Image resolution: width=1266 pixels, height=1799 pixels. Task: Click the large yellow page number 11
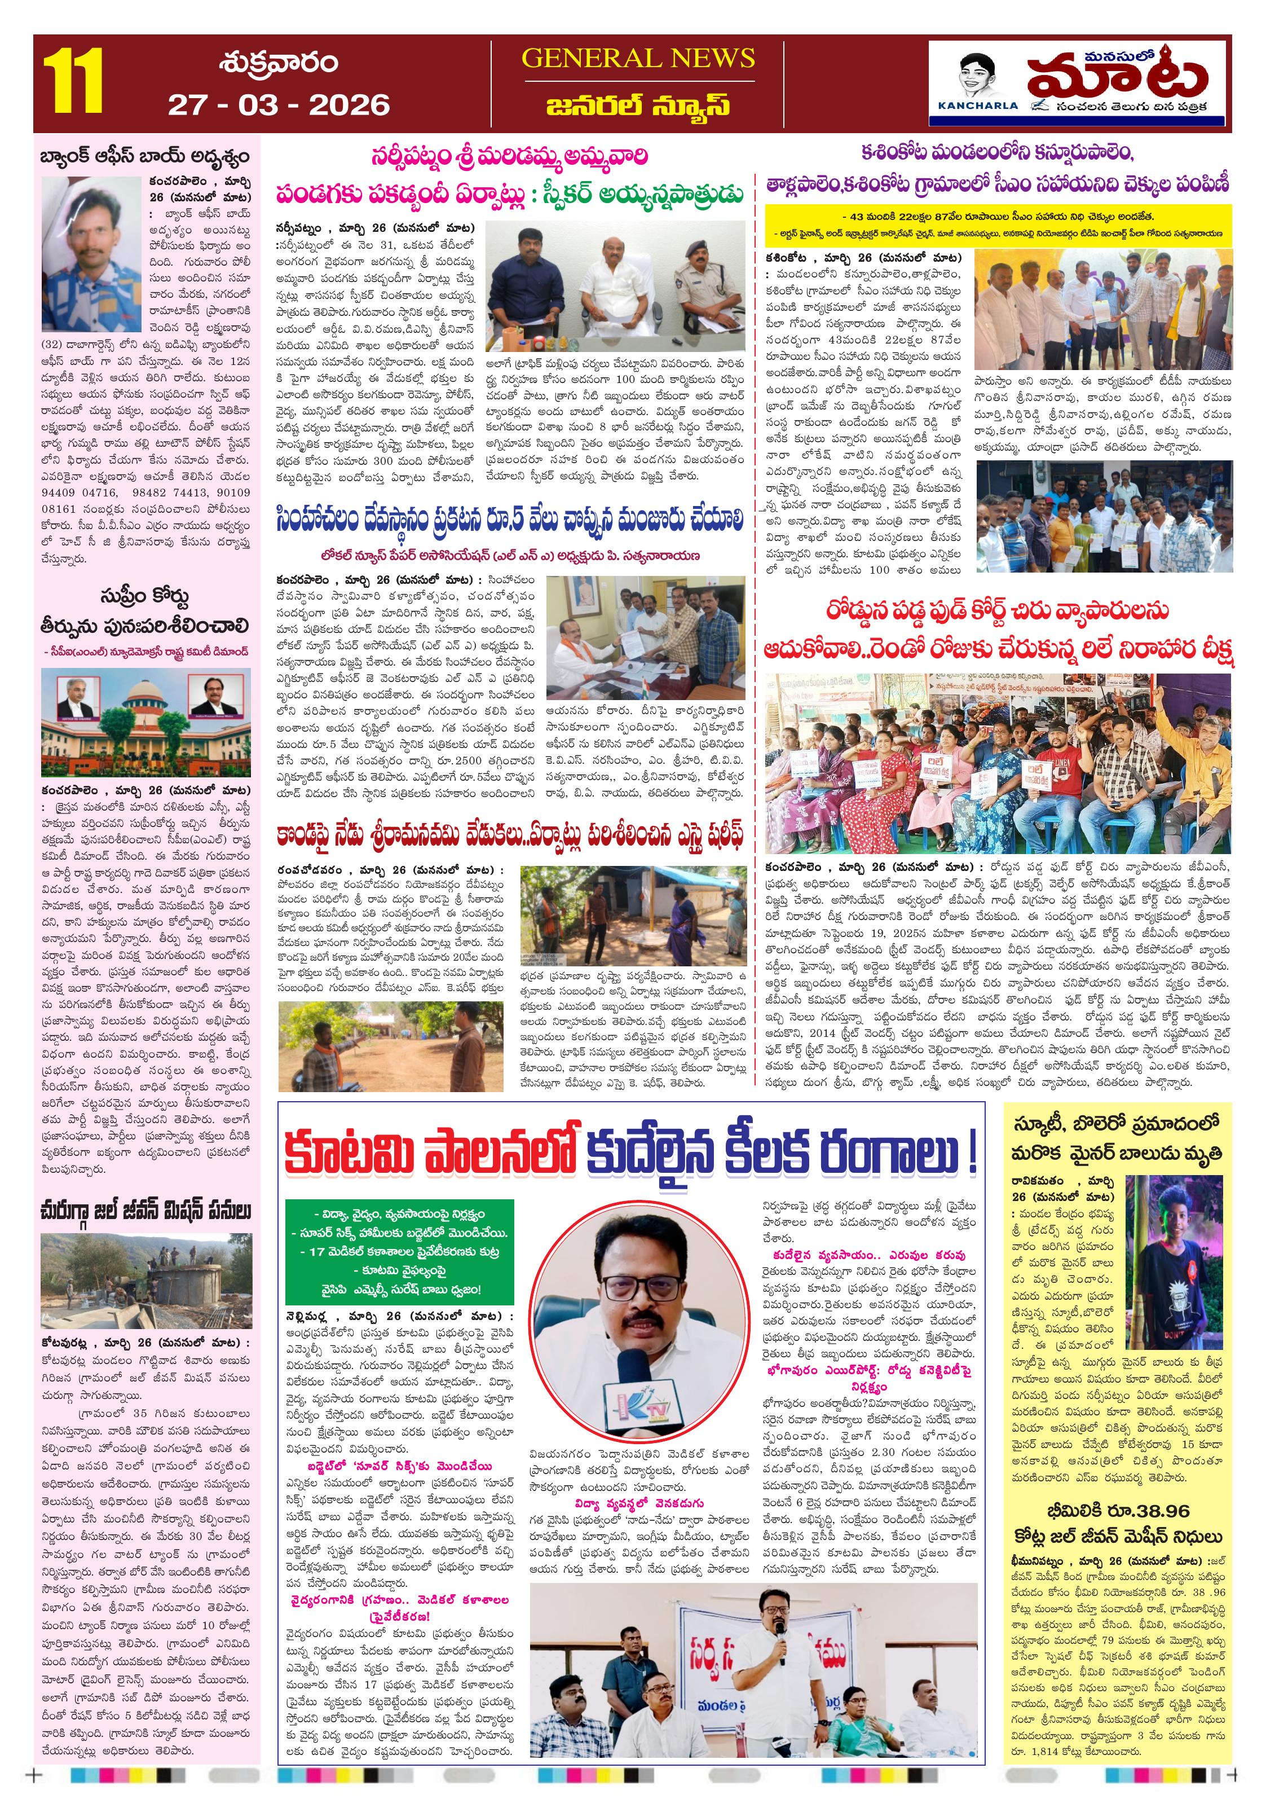[x=74, y=81]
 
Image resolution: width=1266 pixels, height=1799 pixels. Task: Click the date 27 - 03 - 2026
[x=279, y=105]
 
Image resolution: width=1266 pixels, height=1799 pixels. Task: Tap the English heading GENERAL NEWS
[x=638, y=58]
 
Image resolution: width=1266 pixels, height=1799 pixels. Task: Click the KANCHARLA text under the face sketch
[x=978, y=105]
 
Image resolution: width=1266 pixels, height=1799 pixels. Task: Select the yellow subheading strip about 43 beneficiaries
[x=996, y=224]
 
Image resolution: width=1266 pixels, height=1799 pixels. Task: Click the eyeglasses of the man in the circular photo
[x=638, y=1289]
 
